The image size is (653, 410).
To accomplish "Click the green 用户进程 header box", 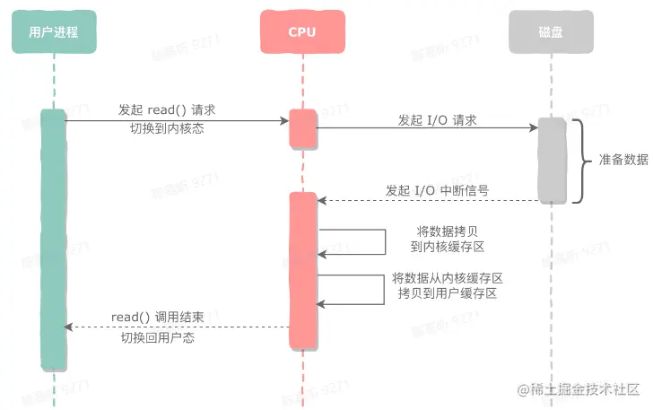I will [x=54, y=31].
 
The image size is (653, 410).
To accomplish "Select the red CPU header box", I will [x=302, y=31].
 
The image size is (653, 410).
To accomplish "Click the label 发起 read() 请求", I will [x=167, y=109].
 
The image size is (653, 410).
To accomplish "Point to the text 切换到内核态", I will [x=167, y=128].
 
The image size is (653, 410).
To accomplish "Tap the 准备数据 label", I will [x=623, y=160].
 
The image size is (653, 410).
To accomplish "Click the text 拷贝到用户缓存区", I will [x=447, y=293].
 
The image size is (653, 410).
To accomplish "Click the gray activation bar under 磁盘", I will [x=552, y=160].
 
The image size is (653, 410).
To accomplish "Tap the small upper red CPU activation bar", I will [x=302, y=129].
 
